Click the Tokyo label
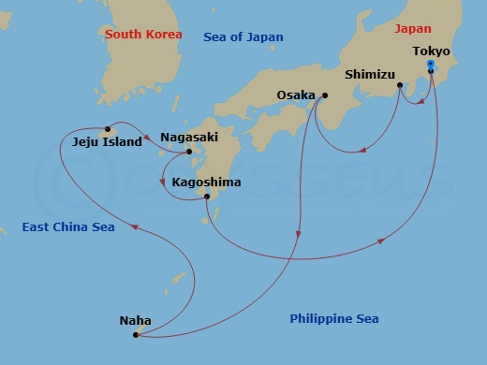[x=431, y=51]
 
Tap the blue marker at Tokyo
[x=431, y=65]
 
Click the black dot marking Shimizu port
[x=400, y=86]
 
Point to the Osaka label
[x=297, y=95]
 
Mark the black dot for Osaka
[x=325, y=95]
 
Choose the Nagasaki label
[x=189, y=136]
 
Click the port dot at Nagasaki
[x=189, y=152]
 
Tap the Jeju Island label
[x=107, y=143]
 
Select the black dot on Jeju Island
[x=109, y=129]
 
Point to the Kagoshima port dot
[x=207, y=197]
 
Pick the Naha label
[x=136, y=320]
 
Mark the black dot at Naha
[x=136, y=335]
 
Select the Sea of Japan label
[x=243, y=37]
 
